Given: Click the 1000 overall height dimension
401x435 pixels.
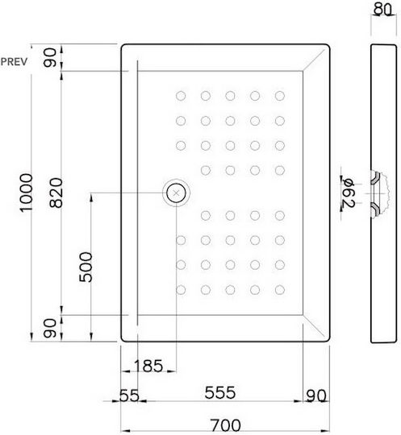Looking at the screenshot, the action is [27, 193].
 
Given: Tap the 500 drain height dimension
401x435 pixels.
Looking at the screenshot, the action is [86, 267].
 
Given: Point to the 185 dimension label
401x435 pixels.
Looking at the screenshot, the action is [148, 366].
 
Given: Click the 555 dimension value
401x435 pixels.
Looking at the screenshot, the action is [219, 392].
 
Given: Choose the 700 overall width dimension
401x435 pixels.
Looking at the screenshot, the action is [225, 425].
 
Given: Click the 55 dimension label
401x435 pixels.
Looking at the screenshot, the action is [129, 396].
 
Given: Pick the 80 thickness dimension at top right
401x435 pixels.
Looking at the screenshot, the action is [382, 9].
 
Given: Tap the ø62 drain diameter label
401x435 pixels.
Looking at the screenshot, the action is [349, 193].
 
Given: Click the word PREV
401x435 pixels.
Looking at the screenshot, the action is [14, 61].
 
